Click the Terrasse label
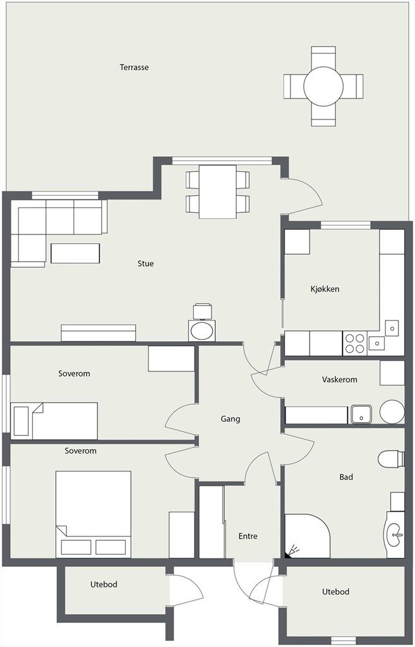point(134,67)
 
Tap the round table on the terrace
point(323,86)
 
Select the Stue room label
point(146,263)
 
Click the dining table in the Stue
point(217,191)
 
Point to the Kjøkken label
point(325,289)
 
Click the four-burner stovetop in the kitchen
point(355,343)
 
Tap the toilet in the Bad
point(391,459)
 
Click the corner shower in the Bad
point(307,536)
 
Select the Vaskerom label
point(339,380)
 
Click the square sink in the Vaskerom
point(361,414)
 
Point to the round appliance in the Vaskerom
point(392,412)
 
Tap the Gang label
point(230,420)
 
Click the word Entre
point(248,536)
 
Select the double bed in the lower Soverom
point(93,514)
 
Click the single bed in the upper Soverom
point(54,421)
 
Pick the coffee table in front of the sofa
point(75,253)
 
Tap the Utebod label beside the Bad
point(336,591)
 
